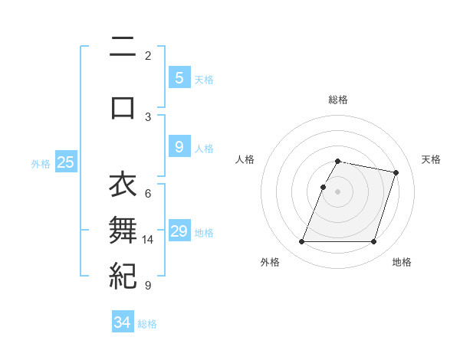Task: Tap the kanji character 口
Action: (x=123, y=106)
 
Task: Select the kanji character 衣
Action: (x=123, y=185)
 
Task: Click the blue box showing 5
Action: (x=179, y=77)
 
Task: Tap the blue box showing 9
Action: (x=179, y=147)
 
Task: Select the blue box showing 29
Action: (x=179, y=231)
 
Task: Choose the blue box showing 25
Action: (x=65, y=162)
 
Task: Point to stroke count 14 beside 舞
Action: (x=148, y=240)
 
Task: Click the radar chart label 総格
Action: (x=338, y=100)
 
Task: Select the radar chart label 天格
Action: (x=432, y=159)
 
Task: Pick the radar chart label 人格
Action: (x=245, y=159)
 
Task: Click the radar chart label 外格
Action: (x=270, y=262)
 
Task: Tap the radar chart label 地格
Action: (x=402, y=262)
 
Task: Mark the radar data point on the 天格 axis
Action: (x=396, y=173)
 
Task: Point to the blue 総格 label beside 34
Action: (x=147, y=324)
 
